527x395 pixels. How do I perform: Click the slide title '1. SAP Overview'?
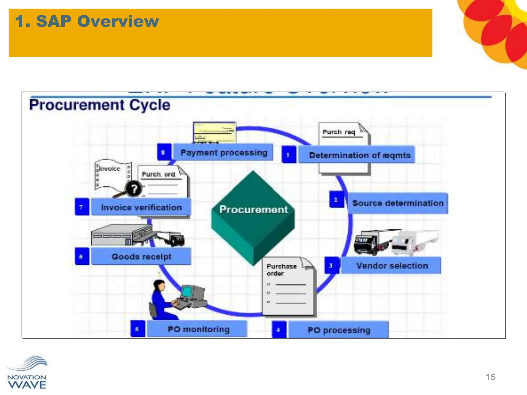(87, 21)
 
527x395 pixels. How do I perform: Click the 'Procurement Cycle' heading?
(100, 105)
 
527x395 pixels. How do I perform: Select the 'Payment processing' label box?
(223, 152)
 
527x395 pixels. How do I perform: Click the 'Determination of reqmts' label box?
(357, 155)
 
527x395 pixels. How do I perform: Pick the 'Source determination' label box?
(398, 203)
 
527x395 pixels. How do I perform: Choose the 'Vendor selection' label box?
(391, 265)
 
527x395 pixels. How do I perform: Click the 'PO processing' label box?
(339, 330)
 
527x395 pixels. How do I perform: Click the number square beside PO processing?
(279, 330)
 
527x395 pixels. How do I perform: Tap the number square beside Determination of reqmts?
(289, 155)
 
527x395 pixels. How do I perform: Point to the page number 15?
(490, 377)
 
